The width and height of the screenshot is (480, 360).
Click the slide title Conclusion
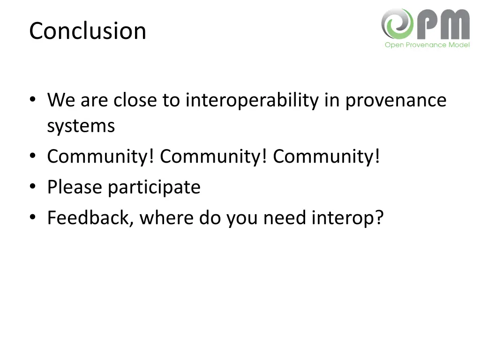88,31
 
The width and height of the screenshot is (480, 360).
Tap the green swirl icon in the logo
397,23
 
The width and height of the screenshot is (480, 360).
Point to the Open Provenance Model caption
427,45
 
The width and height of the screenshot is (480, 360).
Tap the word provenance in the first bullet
396,101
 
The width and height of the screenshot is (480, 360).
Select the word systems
81,126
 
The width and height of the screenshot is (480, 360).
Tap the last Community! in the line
327,157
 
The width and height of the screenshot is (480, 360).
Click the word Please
75,187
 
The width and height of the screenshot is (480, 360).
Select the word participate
154,187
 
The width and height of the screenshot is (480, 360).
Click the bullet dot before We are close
32,100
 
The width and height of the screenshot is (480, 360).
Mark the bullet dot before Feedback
32,218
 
